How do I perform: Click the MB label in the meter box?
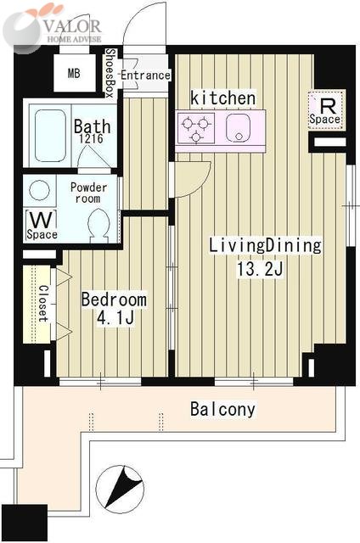click(74, 74)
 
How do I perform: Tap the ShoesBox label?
click(110, 73)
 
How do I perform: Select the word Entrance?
click(145, 76)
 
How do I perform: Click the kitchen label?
click(223, 98)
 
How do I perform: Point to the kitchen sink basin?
click(239, 128)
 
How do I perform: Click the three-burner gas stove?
click(196, 128)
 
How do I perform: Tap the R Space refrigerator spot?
click(326, 109)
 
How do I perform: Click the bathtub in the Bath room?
click(51, 136)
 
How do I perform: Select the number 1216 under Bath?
click(91, 139)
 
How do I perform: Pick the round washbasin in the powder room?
click(39, 190)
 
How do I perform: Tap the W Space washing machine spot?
click(42, 225)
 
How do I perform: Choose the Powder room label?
click(88, 193)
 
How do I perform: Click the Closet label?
click(43, 303)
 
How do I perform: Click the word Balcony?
click(223, 409)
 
